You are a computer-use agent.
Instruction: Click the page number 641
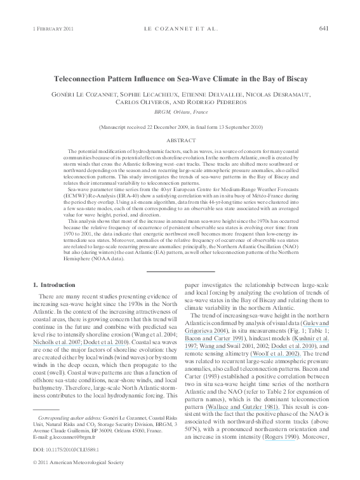(323, 29)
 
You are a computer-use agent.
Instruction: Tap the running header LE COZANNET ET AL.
(179, 29)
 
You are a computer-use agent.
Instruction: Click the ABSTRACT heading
(180, 140)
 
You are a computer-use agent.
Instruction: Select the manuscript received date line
(180, 128)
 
